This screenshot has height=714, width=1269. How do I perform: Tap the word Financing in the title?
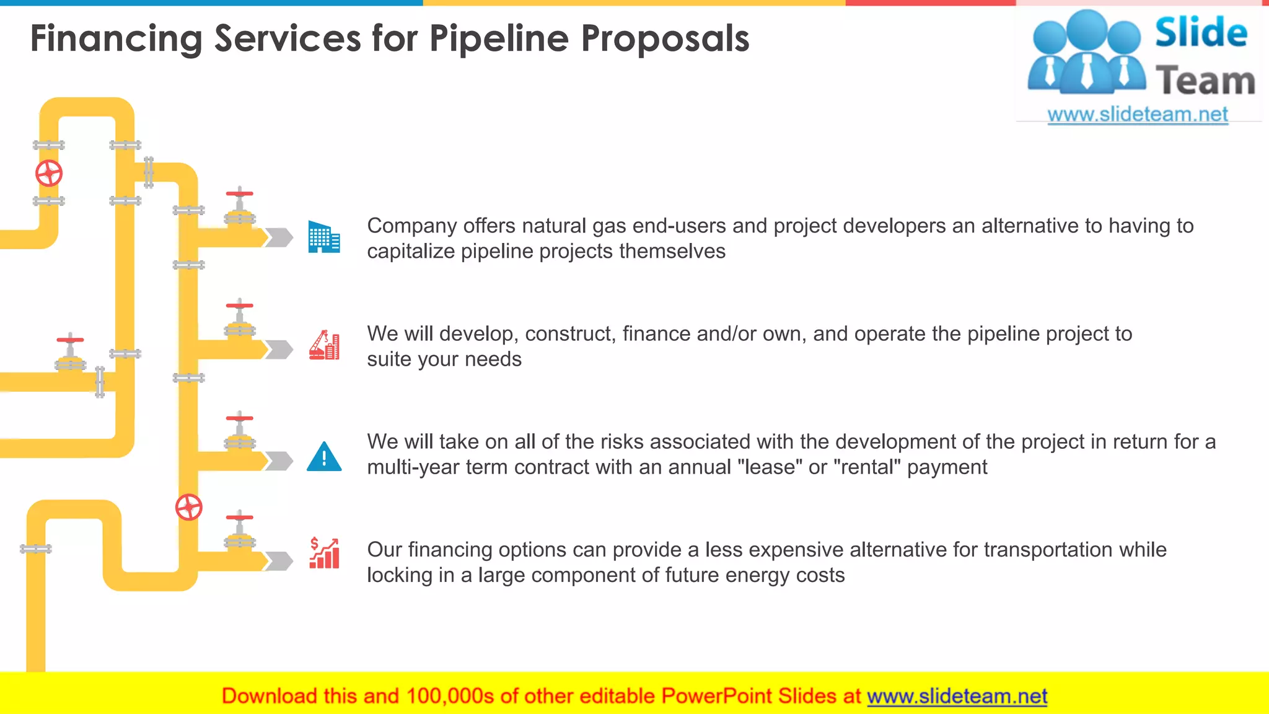(116, 38)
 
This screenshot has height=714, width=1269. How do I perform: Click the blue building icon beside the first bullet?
(324, 237)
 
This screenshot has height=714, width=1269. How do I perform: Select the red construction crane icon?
(324, 345)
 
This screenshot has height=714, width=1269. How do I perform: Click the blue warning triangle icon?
(324, 457)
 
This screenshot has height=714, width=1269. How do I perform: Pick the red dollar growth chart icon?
(324, 553)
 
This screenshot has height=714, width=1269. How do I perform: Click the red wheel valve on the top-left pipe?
(49, 174)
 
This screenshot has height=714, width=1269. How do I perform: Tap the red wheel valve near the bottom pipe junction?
(189, 508)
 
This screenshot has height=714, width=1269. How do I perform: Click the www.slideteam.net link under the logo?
(1138, 115)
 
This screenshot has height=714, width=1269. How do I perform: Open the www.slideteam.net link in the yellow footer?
(957, 696)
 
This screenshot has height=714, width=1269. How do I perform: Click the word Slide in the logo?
(1201, 33)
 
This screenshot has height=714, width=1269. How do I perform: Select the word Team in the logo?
(1205, 81)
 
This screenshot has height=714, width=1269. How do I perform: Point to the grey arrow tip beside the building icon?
(281, 237)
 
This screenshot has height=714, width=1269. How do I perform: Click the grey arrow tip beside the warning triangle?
(281, 461)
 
